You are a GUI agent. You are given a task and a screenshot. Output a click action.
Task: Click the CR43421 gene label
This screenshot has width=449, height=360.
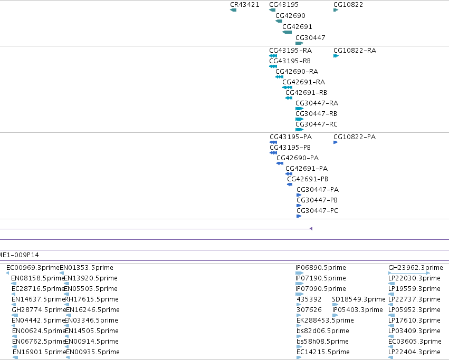click(244, 5)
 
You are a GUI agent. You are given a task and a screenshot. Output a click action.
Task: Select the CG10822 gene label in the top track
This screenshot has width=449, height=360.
click(348, 5)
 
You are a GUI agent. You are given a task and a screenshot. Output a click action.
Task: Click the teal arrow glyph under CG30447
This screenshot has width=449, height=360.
click(299, 43)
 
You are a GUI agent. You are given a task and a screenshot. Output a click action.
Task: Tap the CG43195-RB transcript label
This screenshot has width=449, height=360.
click(290, 61)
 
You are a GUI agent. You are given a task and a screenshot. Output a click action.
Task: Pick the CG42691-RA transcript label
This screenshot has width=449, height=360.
click(303, 82)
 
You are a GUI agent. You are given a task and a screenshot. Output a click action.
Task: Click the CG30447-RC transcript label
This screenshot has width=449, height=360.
click(317, 124)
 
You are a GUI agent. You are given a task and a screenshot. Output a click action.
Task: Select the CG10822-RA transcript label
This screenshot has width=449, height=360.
click(355, 51)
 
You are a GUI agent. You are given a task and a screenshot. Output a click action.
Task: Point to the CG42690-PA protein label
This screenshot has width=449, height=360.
click(298, 158)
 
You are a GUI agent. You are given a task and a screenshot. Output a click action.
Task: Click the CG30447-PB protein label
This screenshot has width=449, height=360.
click(317, 200)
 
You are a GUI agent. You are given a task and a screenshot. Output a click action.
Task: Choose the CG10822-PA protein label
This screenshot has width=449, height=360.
click(355, 137)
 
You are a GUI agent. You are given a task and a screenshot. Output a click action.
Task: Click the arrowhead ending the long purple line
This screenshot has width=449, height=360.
click(311, 229)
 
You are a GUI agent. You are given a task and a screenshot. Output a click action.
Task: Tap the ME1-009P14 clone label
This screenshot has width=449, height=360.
click(19, 255)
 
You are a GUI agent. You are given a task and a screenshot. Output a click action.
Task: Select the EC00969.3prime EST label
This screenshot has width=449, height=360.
click(33, 268)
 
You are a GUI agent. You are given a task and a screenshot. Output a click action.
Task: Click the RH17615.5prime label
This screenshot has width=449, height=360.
click(91, 299)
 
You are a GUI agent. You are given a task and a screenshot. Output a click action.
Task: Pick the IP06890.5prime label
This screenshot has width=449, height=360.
click(321, 268)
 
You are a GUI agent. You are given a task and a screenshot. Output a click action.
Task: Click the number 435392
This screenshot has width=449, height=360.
click(309, 299)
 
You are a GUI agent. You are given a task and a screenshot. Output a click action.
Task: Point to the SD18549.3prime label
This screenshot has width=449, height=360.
click(358, 299)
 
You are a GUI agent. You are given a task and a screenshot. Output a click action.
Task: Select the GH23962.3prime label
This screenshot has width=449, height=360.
click(416, 268)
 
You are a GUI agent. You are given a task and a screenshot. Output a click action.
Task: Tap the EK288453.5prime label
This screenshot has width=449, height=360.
click(325, 320)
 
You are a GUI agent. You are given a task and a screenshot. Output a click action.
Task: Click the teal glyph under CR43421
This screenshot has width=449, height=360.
click(233, 10)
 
